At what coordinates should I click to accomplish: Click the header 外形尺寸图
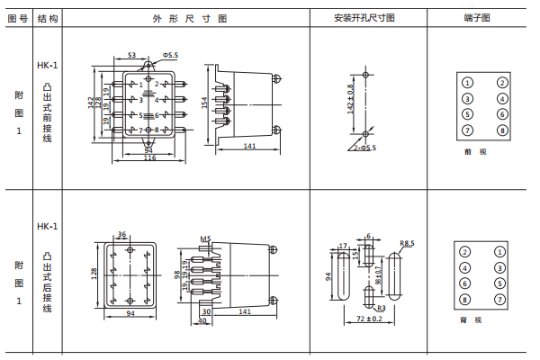pos(172,17)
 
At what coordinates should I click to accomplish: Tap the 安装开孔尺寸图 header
pos(364,17)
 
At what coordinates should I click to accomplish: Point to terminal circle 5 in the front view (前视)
pos(468,114)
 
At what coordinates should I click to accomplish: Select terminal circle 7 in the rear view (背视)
pos(499,283)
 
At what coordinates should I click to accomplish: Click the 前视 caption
pos(473,152)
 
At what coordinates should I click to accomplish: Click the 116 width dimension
pos(149,157)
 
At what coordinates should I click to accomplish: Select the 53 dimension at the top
pos(131,56)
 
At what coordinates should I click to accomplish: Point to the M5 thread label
pos(205,239)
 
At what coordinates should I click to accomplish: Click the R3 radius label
pos(381,308)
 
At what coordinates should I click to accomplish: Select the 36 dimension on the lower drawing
pos(122,234)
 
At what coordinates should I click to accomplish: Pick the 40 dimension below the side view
pos(202,319)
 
